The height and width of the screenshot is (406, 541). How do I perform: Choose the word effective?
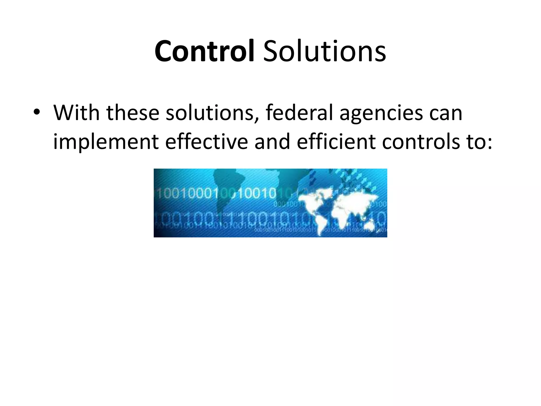(x=207, y=142)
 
